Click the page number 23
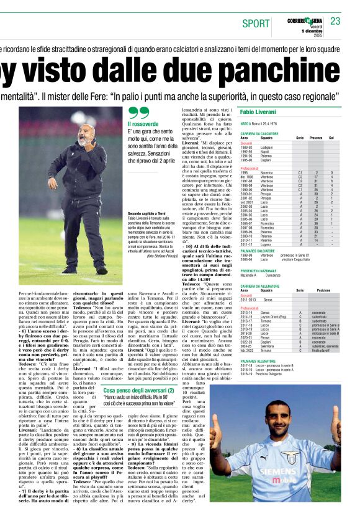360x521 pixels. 335,21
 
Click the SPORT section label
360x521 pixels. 256,24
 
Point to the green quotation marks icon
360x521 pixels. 138,113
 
